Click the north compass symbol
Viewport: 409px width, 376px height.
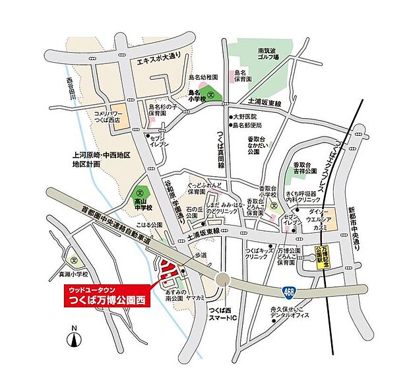click(x=75, y=338)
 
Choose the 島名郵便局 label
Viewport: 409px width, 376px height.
click(x=246, y=125)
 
